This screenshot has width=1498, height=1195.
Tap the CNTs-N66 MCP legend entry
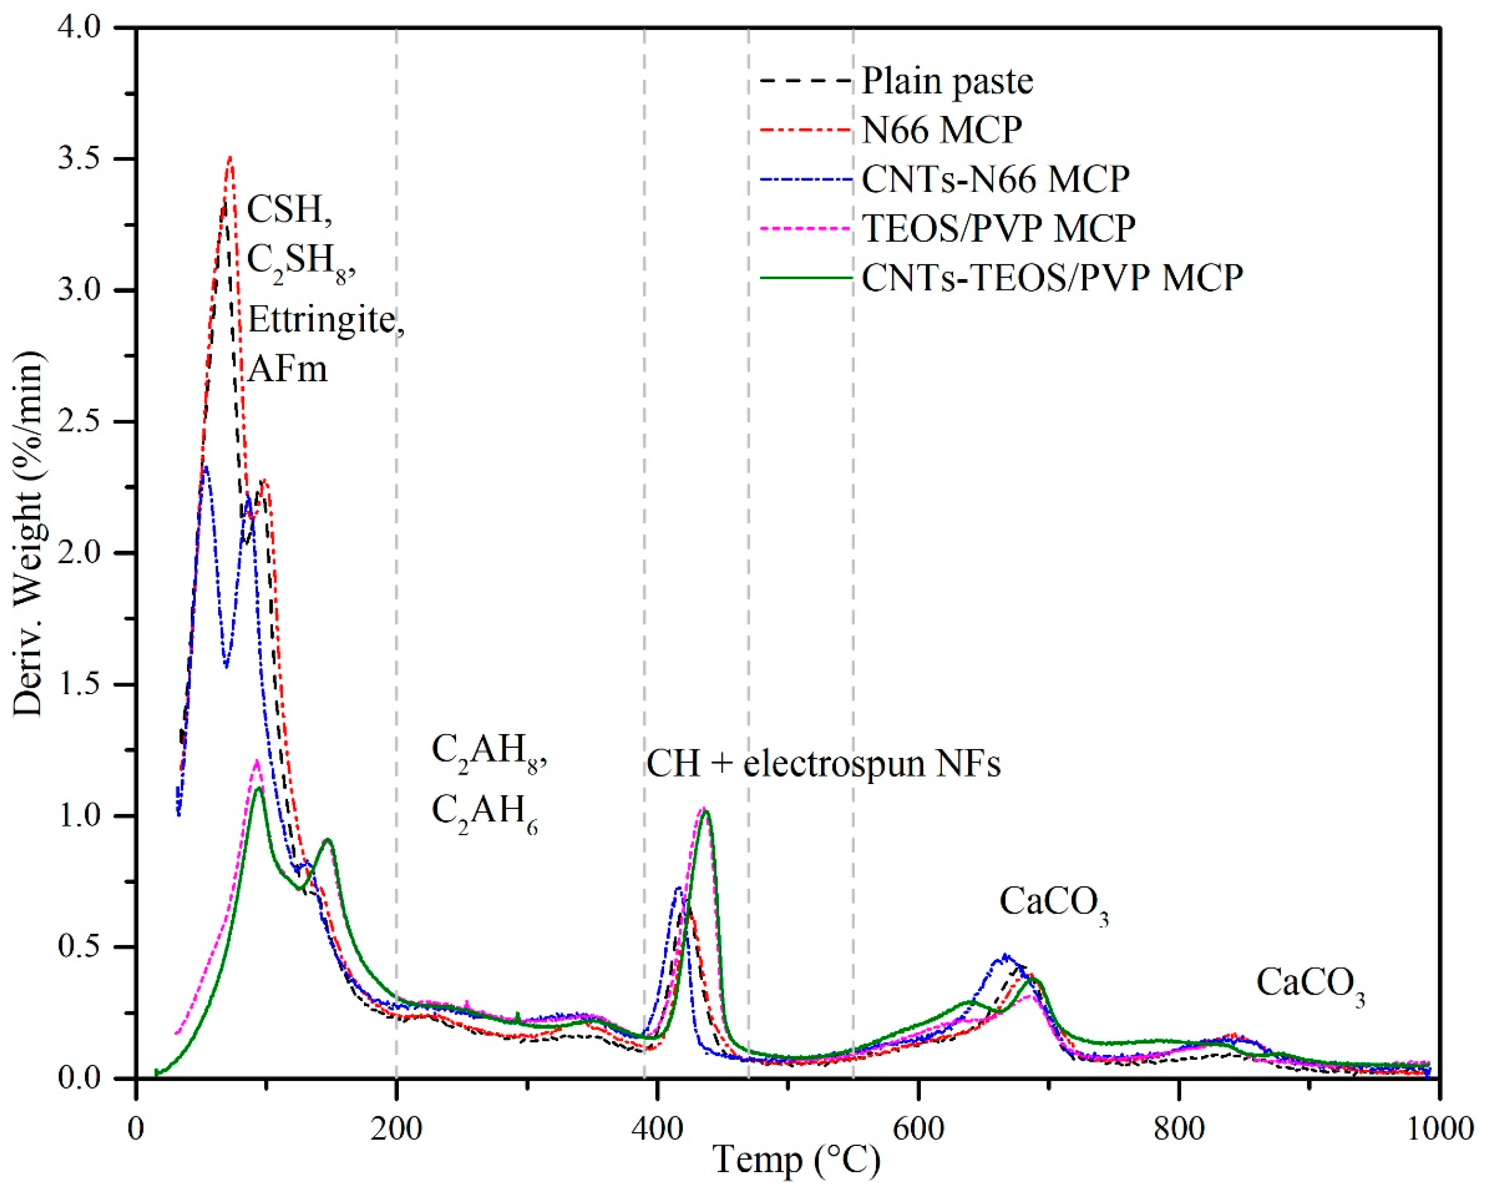(x=995, y=179)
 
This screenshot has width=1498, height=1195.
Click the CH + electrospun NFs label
(x=823, y=764)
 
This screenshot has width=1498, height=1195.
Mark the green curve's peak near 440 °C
(x=706, y=812)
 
